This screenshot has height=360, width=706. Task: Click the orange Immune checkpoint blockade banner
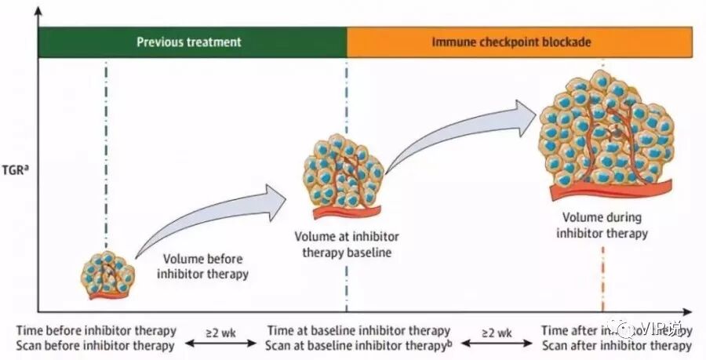519,41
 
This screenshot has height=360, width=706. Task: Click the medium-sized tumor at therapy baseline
343,177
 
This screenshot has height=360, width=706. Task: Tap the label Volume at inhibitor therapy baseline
343,244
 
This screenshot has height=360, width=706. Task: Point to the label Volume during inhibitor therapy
603,224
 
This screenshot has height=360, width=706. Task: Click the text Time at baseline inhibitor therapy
358,331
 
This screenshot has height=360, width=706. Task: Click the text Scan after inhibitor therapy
617,346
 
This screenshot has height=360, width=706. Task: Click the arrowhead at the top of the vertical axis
38,9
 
